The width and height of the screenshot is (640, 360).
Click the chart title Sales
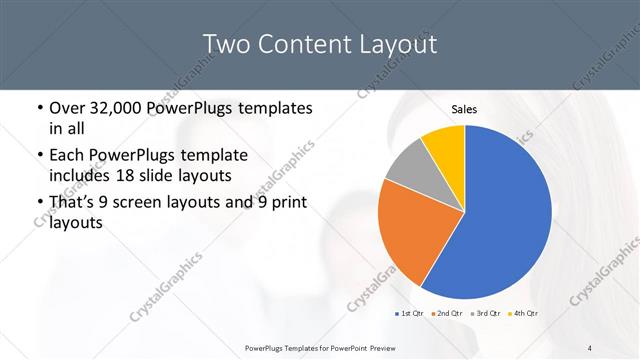coord(464,109)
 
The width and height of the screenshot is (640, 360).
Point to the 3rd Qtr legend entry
coord(486,313)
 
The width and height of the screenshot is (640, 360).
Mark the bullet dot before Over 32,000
coord(39,108)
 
